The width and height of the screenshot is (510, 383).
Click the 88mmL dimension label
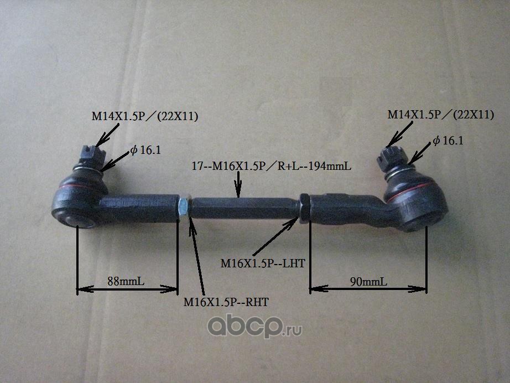click(126, 281)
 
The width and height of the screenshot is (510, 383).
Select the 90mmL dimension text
click(368, 282)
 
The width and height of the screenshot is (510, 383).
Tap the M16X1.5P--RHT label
click(226, 302)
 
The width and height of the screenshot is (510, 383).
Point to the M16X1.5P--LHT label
click(263, 263)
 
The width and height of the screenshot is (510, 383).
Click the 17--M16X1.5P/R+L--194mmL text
click(272, 166)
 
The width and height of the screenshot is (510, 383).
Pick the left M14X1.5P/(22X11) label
click(145, 116)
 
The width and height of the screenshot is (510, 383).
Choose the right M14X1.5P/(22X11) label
click(441, 115)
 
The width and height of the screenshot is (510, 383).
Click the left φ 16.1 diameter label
click(145, 150)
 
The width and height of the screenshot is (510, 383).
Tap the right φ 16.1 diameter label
click(448, 141)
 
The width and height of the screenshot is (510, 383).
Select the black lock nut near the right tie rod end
click(304, 209)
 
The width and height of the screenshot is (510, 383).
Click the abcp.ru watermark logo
click(254, 327)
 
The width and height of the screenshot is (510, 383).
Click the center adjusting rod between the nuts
click(243, 208)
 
